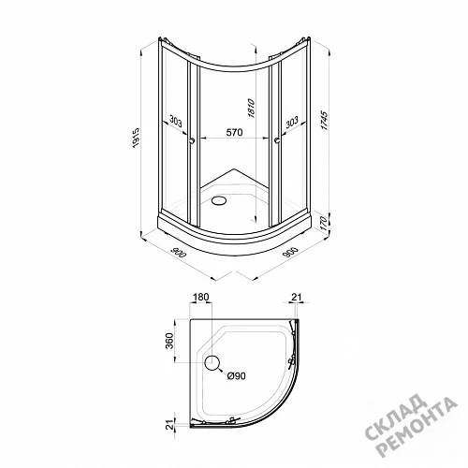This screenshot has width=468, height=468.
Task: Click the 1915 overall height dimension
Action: (x=137, y=138)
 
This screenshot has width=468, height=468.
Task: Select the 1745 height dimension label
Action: (x=324, y=120)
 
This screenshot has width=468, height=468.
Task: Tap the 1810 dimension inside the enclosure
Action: (x=251, y=109)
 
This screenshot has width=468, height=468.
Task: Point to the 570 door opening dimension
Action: (x=234, y=132)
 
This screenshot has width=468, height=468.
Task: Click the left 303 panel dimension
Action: (x=176, y=121)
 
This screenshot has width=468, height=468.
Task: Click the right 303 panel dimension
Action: (x=292, y=122)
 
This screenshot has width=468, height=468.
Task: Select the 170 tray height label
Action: (x=324, y=224)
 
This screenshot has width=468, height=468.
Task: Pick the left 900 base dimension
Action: (x=179, y=252)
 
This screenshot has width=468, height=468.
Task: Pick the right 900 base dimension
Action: (x=290, y=252)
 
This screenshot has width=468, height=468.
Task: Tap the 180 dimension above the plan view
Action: (x=200, y=297)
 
